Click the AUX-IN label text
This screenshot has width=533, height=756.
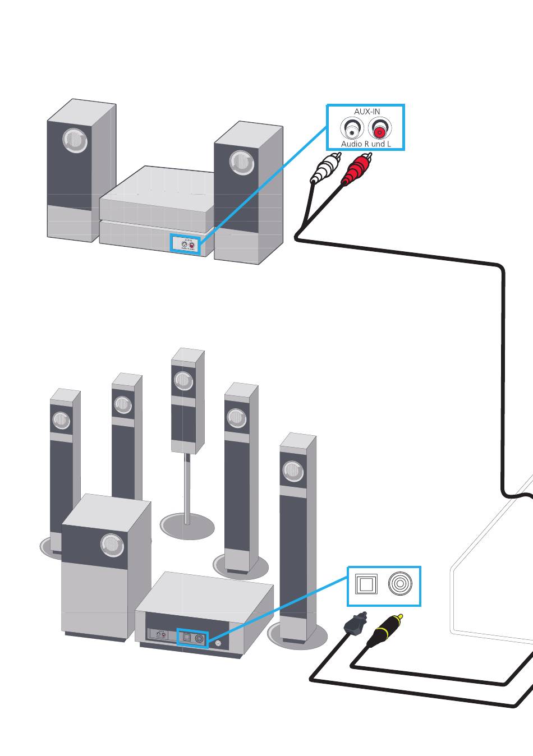click(367, 112)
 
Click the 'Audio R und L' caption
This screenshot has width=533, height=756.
click(366, 144)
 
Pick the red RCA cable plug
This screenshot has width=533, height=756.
click(357, 168)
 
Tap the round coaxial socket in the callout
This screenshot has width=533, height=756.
click(400, 584)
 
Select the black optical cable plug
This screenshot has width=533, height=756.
click(354, 624)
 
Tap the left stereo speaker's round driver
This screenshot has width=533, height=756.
click(76, 140)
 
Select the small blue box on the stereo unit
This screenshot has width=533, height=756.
click(186, 244)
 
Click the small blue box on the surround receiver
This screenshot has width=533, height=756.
click(192, 638)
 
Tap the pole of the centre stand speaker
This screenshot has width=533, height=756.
click(187, 488)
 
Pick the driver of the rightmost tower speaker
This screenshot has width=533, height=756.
click(292, 470)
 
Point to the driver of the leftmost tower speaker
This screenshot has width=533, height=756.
click(61, 420)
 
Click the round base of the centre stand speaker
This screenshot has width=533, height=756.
click(187, 527)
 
